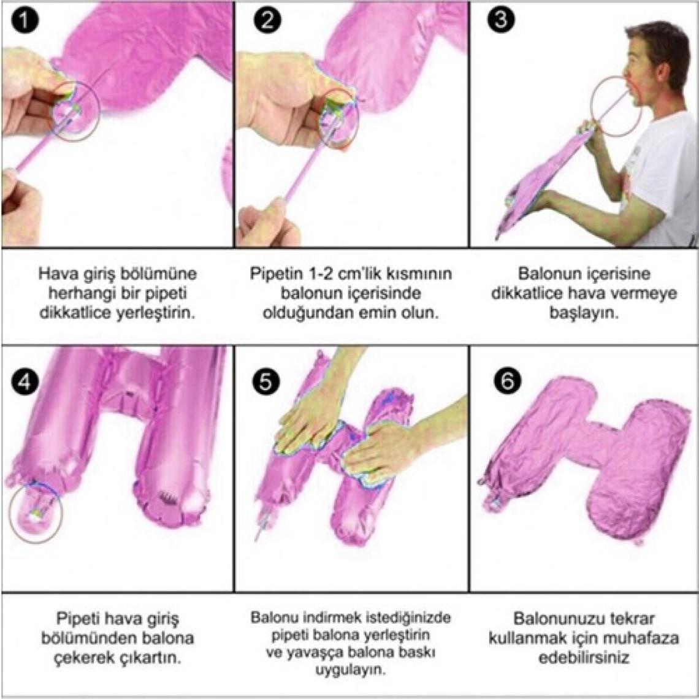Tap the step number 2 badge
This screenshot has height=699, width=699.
(x=267, y=20)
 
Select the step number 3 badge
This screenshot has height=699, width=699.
(x=500, y=20)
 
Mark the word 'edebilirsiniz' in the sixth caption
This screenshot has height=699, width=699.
(x=584, y=658)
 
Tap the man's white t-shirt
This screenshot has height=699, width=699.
(x=662, y=178)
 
